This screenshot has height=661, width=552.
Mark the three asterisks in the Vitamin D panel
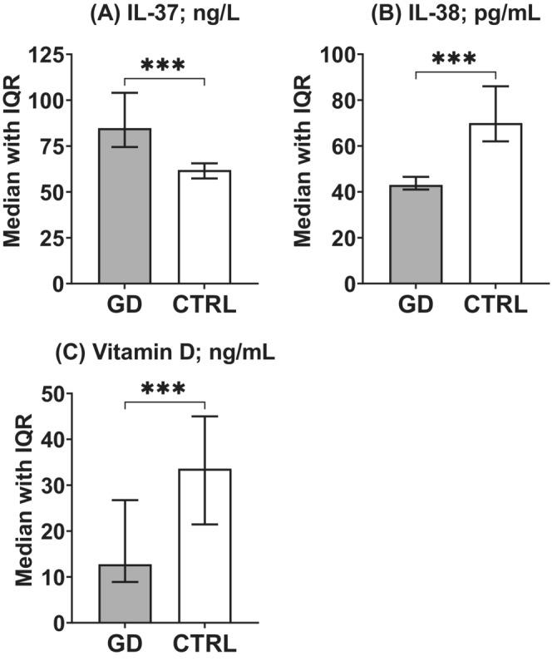coord(165,388)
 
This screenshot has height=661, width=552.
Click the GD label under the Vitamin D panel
coord(125,645)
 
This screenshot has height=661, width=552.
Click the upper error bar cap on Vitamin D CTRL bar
coord(205,417)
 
